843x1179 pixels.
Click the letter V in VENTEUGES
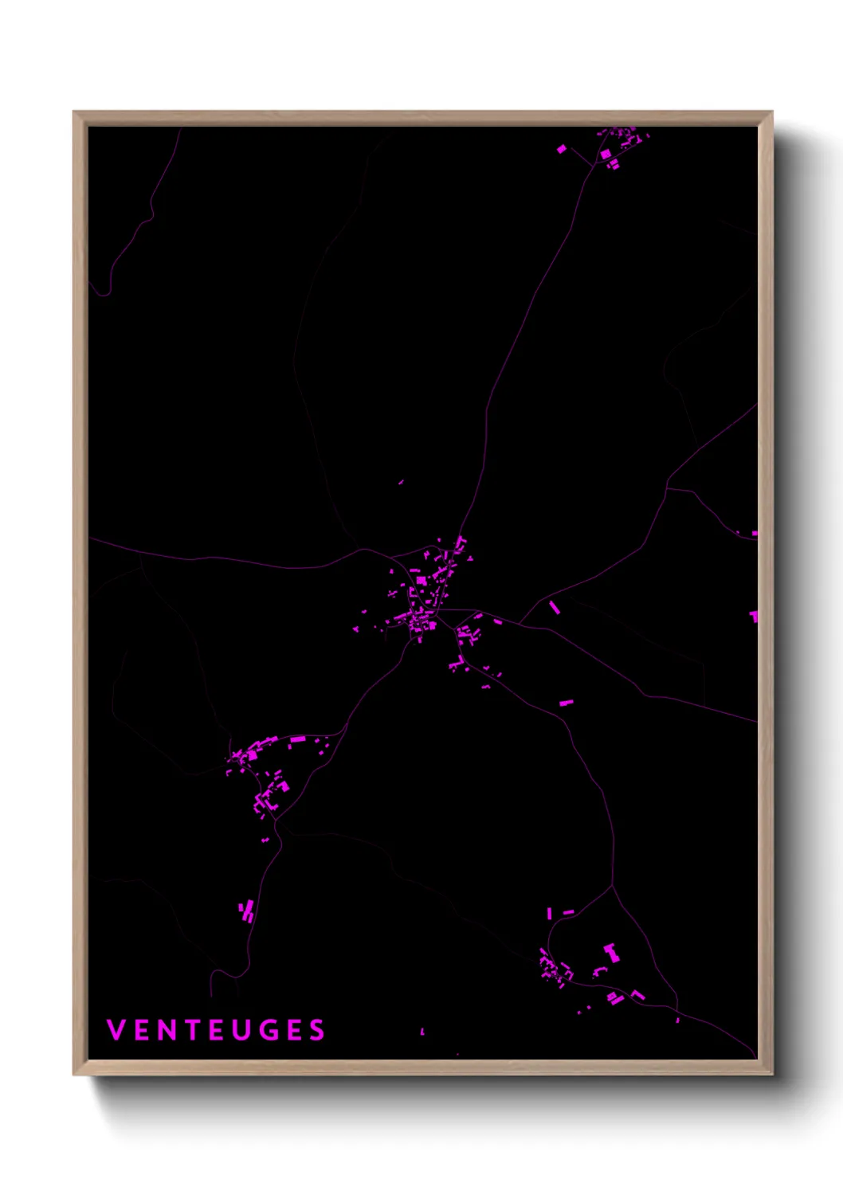(116, 1030)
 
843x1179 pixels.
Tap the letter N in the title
(166, 1030)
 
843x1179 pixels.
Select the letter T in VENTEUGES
(191, 1030)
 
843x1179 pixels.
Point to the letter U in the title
(241, 1030)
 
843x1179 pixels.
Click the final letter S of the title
(317, 1030)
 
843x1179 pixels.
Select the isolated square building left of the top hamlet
(562, 148)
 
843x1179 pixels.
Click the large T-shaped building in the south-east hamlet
(611, 951)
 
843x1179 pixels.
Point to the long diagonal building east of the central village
(555, 608)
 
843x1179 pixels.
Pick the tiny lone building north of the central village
(401, 481)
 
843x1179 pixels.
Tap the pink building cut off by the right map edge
(754, 616)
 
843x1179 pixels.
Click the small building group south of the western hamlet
(247, 911)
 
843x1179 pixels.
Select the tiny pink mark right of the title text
(422, 1032)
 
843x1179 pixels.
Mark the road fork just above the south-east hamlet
(612, 886)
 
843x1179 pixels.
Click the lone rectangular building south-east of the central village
(567, 703)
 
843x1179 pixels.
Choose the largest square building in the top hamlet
(606, 153)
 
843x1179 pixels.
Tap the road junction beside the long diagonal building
(520, 622)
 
